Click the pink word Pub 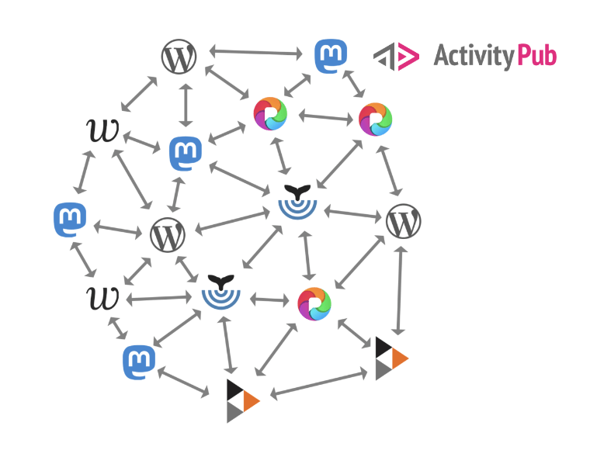536,56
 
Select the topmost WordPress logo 179,57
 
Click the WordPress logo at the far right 403,222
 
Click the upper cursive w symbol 102,130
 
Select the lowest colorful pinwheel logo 314,303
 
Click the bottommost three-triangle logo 241,400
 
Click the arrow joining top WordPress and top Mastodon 255,53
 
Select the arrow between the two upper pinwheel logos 325,117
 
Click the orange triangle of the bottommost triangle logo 250,400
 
